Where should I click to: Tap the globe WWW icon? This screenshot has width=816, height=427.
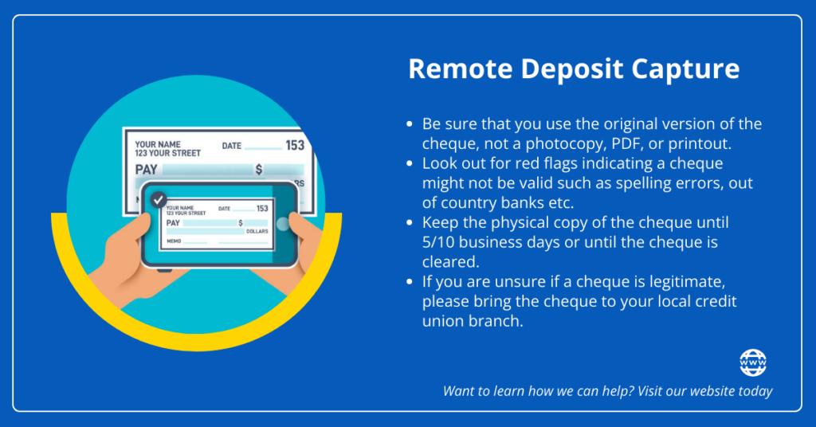pyautogui.click(x=753, y=362)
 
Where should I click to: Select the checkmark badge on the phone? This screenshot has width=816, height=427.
pyautogui.click(x=159, y=200)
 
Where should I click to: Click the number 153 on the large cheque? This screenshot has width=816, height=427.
pyautogui.click(x=295, y=146)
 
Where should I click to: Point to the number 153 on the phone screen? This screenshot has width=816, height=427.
pyautogui.click(x=262, y=209)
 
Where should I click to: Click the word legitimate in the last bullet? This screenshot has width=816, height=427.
pyautogui.click(x=687, y=282)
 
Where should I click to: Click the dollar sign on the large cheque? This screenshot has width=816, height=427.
pyautogui.click(x=259, y=170)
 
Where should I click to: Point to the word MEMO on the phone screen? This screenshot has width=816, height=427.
pyautogui.click(x=174, y=241)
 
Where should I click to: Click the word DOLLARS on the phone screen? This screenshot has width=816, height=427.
pyautogui.click(x=257, y=232)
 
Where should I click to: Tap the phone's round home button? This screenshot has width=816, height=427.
pyautogui.click(x=283, y=224)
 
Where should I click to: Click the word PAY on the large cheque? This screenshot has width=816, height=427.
pyautogui.click(x=147, y=170)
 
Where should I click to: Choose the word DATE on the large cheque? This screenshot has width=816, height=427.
pyautogui.click(x=232, y=146)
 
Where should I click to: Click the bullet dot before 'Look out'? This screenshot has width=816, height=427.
pyautogui.click(x=410, y=163)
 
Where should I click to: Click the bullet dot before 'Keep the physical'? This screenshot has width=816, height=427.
pyautogui.click(x=410, y=222)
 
